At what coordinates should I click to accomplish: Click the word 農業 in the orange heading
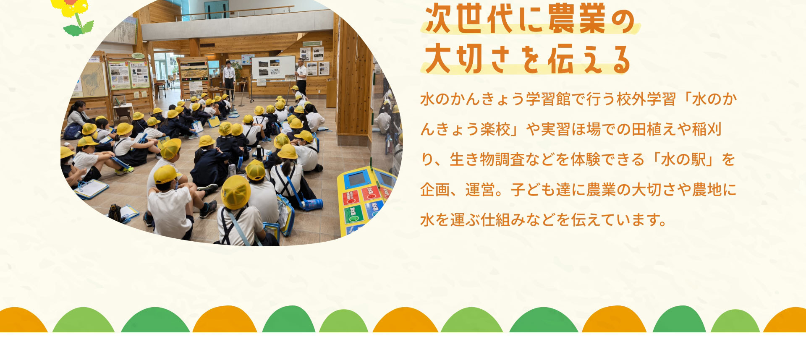pos(578,19)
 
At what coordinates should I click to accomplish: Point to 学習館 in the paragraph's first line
pos(548,99)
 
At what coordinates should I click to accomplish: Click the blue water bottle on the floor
pos(312,204)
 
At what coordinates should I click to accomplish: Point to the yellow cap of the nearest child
pos(236,192)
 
